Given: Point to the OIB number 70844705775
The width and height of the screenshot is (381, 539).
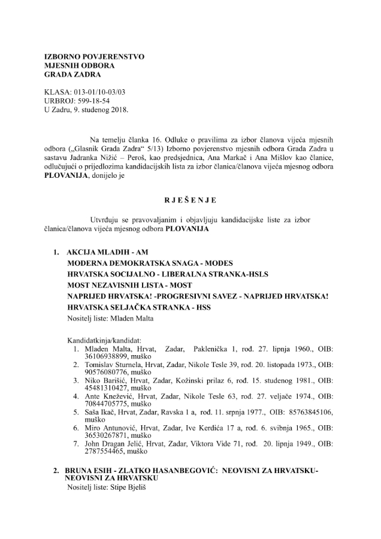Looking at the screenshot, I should point(91,404).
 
